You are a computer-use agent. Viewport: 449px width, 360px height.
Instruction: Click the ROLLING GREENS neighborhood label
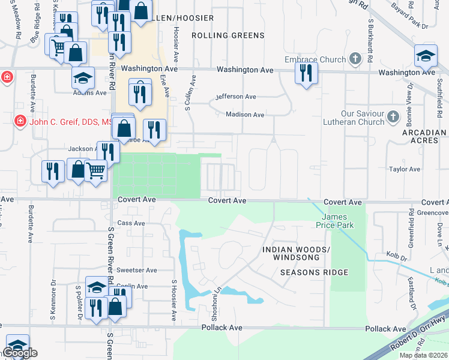(228, 35)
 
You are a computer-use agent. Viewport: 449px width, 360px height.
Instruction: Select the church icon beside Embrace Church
(356, 59)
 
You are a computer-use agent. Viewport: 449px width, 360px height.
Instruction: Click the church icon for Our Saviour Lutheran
(393, 116)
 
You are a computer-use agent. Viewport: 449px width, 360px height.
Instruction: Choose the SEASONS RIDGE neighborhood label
(314, 272)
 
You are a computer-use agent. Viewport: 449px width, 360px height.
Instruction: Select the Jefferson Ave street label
(236, 97)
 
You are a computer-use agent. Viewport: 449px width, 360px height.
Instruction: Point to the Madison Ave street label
(245, 115)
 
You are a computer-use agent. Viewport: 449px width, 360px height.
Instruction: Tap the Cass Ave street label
(132, 223)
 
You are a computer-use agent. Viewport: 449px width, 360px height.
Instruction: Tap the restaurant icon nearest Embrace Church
(306, 74)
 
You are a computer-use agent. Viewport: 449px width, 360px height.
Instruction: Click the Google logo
(20, 353)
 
